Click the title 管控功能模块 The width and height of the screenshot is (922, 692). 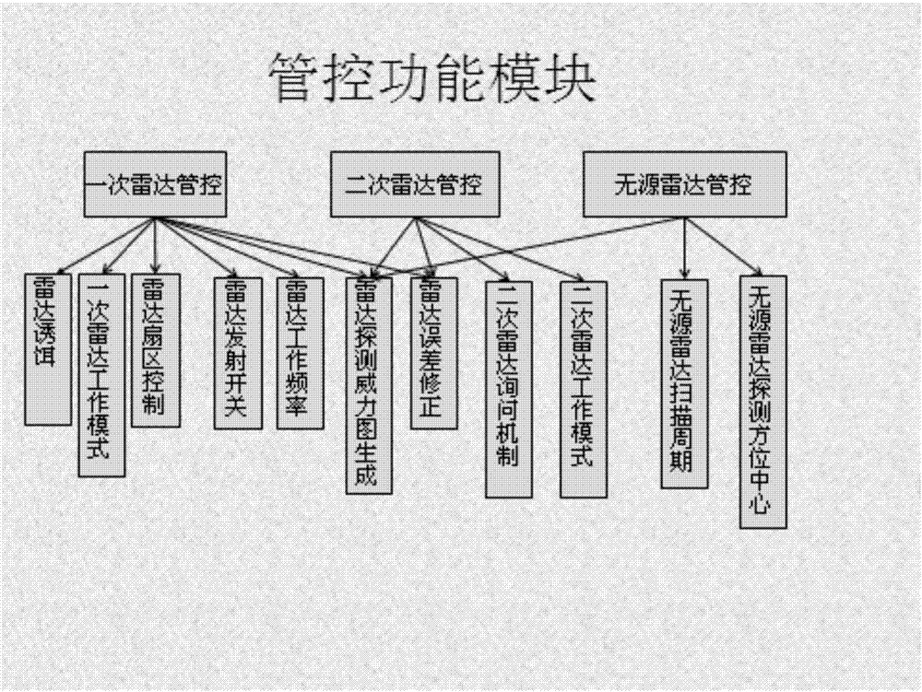[433, 78]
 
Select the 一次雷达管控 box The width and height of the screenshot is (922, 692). [155, 184]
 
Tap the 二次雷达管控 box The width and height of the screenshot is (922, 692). [415, 184]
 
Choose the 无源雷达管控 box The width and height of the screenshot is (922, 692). [684, 184]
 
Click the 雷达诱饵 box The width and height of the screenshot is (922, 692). [48, 349]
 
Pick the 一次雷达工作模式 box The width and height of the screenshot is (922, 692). [101, 375]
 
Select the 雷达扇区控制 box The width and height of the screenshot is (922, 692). [155, 350]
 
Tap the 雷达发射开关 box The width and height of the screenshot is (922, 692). [238, 353]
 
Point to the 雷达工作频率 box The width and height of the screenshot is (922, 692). [300, 353]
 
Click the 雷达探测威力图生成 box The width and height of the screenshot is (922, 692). [369, 385]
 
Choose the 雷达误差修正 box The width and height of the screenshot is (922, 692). [433, 353]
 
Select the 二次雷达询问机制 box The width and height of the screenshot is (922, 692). [509, 389]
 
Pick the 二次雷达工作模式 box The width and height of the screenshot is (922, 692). [584, 389]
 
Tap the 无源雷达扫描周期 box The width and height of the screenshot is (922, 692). [684, 383]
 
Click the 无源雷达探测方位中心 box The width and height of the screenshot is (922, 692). [762, 402]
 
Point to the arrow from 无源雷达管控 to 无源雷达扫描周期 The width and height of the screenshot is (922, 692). [684, 248]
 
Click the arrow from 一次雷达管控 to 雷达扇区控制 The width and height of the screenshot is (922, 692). [155, 245]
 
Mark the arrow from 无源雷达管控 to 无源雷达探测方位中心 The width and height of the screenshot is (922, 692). [723, 247]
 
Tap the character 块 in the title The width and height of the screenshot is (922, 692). [571, 78]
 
